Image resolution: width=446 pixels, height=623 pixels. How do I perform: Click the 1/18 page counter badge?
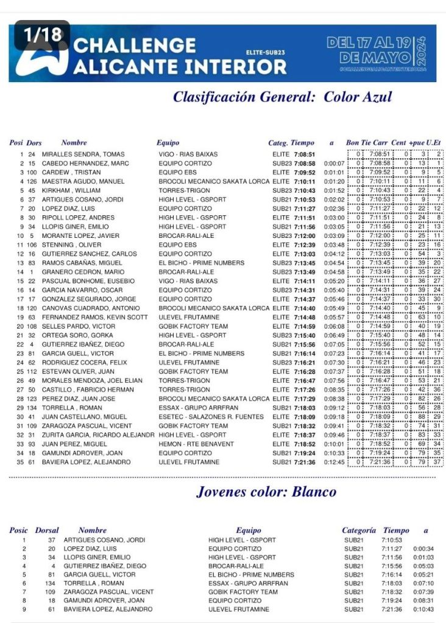coord(43,35)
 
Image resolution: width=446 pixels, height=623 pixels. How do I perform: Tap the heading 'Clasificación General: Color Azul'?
coord(282,97)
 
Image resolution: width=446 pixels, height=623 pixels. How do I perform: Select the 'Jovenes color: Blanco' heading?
coord(266,492)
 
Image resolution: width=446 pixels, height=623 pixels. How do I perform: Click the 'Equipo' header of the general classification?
coord(168,143)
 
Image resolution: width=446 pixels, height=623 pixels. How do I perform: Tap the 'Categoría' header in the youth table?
coord(358,531)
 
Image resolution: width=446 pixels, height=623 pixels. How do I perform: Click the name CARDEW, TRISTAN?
coord(70,172)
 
